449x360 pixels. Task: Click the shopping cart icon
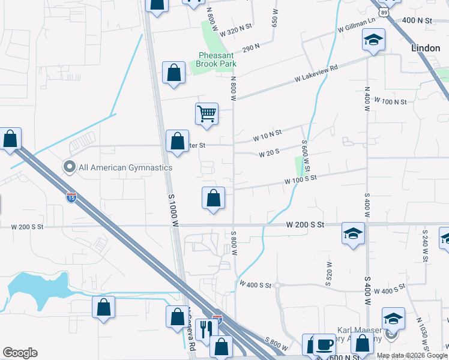coord(206,113)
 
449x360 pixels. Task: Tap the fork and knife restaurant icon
coord(205,329)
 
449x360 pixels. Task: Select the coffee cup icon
coord(325,344)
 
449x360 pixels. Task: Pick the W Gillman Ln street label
coord(357,24)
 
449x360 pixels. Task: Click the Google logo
coord(20,353)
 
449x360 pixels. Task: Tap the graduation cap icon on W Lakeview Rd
coord(373,40)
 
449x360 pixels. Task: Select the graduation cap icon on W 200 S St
coord(353,233)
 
